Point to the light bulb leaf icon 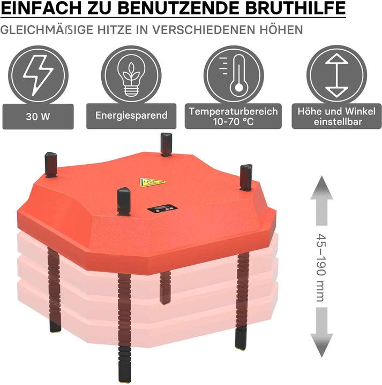coord(131,75)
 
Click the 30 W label coord(38,115)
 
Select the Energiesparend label coord(131,115)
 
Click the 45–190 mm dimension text coord(320,267)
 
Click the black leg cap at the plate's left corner coord(51,164)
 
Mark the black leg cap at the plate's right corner coord(246,177)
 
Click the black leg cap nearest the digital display coord(124,201)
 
